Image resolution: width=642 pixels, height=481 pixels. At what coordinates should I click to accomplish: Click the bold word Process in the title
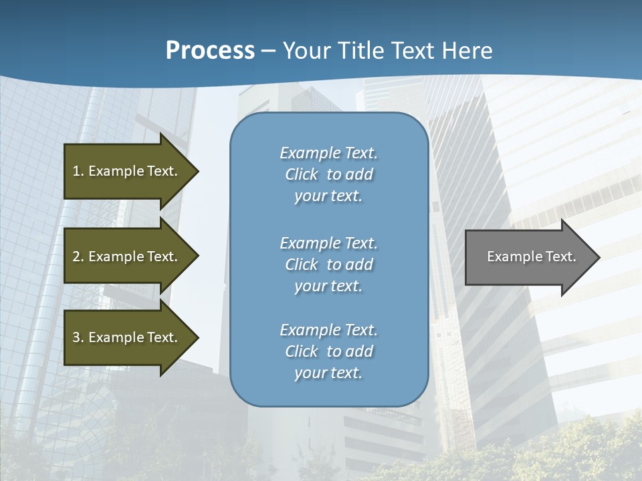click(x=210, y=51)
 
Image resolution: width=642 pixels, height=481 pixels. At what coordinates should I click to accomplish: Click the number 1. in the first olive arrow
click(x=78, y=171)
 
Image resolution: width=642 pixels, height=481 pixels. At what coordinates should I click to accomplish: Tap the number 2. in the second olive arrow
click(x=78, y=257)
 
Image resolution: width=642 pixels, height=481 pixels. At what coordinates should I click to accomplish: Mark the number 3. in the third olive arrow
click(x=78, y=337)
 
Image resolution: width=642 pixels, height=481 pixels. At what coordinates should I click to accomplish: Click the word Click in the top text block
click(x=302, y=174)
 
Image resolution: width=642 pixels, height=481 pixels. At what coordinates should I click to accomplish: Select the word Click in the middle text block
click(x=302, y=265)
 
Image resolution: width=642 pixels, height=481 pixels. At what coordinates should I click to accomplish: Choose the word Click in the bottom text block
click(x=302, y=351)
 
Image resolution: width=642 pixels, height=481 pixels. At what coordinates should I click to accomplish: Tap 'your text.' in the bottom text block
click(x=328, y=373)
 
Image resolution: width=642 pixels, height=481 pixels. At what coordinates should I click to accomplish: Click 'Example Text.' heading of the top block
click(x=328, y=153)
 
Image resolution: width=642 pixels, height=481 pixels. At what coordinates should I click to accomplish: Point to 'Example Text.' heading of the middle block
click(x=328, y=243)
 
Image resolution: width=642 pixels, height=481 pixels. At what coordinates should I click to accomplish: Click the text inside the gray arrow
click(x=531, y=257)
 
